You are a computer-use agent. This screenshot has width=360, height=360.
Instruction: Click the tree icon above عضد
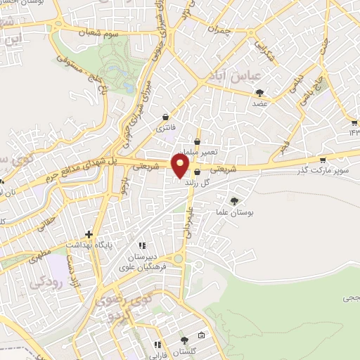click(260, 92)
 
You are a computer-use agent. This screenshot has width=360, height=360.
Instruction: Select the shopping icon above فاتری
click(165, 117)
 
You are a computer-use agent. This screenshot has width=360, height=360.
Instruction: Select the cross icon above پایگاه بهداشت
click(89, 234)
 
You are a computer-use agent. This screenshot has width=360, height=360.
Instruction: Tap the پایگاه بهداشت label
click(88, 245)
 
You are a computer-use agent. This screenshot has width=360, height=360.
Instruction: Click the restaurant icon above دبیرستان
click(141, 246)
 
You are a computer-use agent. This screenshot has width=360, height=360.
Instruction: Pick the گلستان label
click(185, 350)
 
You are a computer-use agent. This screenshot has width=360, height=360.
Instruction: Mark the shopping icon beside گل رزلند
click(197, 172)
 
